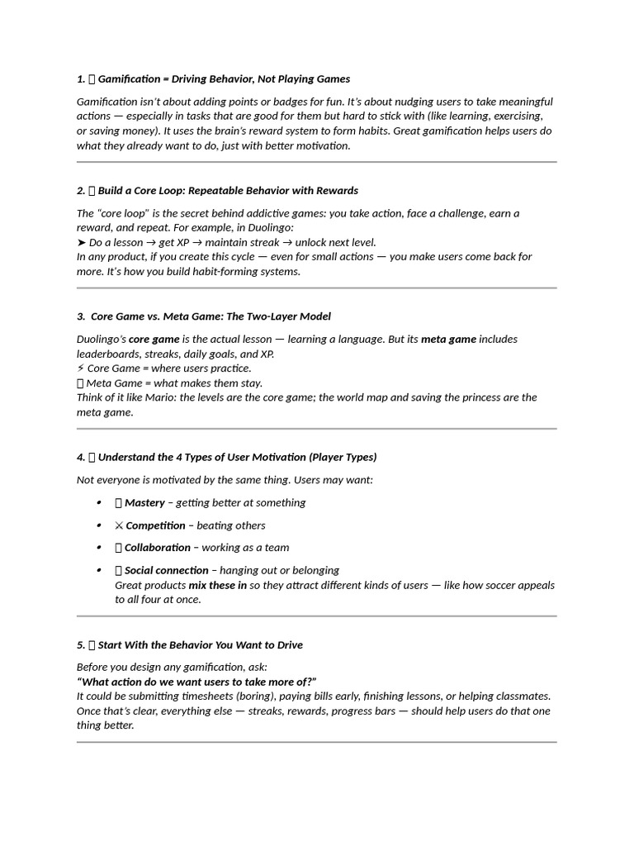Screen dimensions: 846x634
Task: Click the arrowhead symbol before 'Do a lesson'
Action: (81, 242)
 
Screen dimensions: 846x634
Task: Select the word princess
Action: (466, 397)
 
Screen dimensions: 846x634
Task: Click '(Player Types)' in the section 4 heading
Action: (343, 457)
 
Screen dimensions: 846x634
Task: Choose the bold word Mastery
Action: (145, 502)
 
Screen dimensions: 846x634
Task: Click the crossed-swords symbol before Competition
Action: (119, 525)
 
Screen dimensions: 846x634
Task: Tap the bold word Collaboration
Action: (158, 547)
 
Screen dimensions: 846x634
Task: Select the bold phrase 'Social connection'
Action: (167, 570)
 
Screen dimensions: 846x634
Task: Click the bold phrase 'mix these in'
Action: (217, 585)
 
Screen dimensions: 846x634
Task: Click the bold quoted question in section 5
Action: (196, 682)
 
